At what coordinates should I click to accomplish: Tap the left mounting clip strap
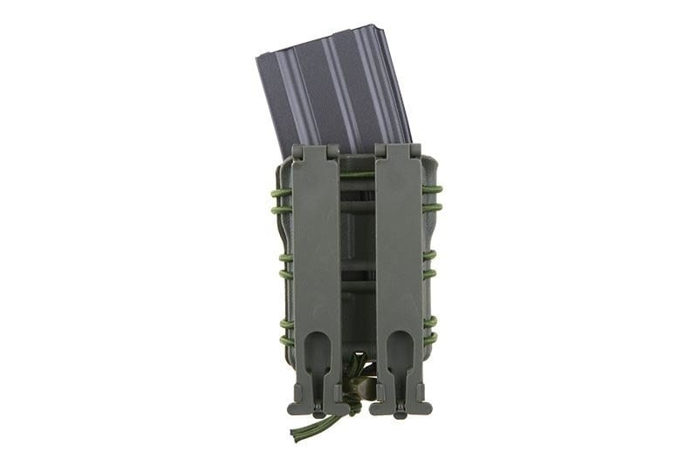[x=315, y=262]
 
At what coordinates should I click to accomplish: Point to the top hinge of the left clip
[x=314, y=152]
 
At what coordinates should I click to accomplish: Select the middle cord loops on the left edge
[x=283, y=265]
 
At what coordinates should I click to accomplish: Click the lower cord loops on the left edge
[x=284, y=328]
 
